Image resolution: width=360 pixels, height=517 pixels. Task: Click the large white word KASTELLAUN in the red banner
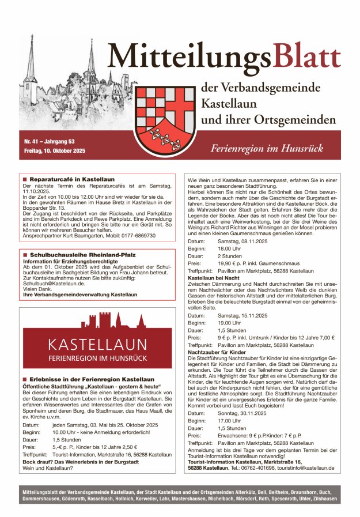click(x=96, y=345)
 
